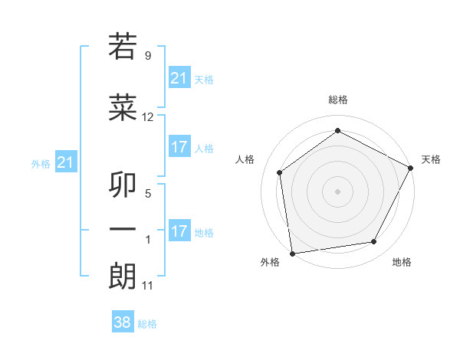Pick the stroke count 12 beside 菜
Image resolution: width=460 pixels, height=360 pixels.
[148, 117]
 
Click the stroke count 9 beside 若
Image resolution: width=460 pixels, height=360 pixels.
[148, 56]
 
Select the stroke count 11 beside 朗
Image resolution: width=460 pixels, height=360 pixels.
[148, 286]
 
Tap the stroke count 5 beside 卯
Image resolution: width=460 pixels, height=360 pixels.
[148, 194]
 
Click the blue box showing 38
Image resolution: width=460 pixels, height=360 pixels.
[123, 322]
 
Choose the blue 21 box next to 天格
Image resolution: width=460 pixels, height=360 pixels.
[179, 77]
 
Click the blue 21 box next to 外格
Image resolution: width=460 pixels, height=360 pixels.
[66, 162]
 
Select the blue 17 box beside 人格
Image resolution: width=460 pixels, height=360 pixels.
[179, 147]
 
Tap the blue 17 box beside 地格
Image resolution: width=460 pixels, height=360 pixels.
[179, 231]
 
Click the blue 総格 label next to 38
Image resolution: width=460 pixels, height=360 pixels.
[147, 324]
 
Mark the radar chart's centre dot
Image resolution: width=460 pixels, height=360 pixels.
[337, 191]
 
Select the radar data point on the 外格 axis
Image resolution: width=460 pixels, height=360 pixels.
[292, 253]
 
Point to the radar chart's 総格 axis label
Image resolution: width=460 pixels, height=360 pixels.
[337, 100]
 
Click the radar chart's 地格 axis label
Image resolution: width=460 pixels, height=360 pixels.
[402, 263]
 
